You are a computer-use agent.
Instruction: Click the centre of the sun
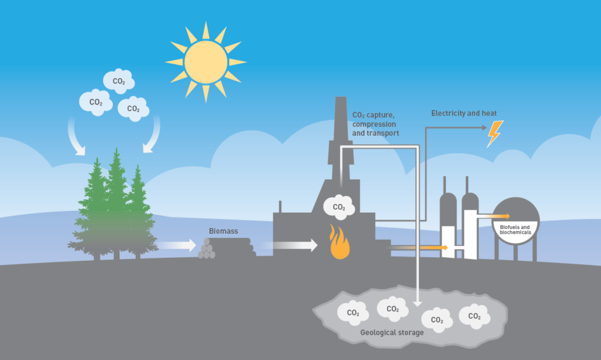point(206,62)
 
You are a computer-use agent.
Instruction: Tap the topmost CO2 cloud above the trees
point(119,81)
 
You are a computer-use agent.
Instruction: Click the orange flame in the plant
point(340,242)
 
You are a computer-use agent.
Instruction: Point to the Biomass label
point(224,231)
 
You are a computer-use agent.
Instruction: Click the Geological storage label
point(392,332)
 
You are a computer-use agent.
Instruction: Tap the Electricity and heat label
point(464,113)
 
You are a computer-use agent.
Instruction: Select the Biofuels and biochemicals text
point(515,230)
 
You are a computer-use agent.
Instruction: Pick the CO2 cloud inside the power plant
point(339,207)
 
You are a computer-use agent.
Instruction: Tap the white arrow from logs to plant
point(287,245)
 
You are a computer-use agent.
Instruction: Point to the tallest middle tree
point(116,203)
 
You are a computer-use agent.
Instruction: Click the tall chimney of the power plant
point(340,138)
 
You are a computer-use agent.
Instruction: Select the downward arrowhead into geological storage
point(418,303)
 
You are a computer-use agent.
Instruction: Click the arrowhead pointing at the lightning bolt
point(484,127)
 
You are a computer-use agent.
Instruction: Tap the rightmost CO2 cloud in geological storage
point(475,316)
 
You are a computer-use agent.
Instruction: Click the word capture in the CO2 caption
point(380,115)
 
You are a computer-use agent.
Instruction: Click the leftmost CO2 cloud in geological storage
point(353,313)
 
